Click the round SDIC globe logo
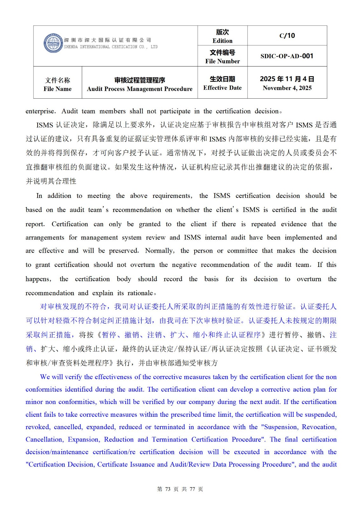[53, 43]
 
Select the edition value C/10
[287, 36]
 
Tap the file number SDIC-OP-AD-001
[287, 56]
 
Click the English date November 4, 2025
[287, 88]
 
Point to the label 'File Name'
[58, 89]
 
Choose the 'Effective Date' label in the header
[222, 88]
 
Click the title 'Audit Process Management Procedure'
[140, 89]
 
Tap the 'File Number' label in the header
[222, 61]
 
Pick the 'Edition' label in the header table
[222, 41]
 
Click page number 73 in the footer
[168, 489]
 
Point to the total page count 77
[192, 489]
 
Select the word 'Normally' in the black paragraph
[159, 251]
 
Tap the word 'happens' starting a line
[38, 279]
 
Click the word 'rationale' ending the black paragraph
[140, 293]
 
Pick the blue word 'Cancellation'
[44, 440]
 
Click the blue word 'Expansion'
[84, 440]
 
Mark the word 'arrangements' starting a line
[45, 238]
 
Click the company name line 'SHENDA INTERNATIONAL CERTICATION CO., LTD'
[110, 47]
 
